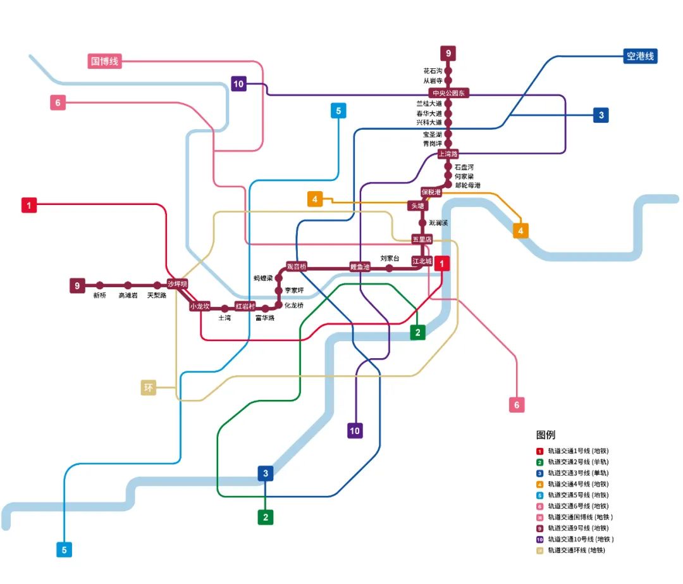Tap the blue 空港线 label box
(639, 56)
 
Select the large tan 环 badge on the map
(149, 388)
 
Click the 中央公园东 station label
(448, 93)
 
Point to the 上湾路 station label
(448, 154)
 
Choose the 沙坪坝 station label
(178, 284)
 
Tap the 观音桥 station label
(296, 266)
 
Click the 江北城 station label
(422, 261)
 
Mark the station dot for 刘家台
(389, 268)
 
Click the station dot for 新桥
(100, 285)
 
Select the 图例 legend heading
(545, 435)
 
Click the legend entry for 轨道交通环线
(575, 550)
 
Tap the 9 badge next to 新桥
(77, 285)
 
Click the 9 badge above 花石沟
(448, 53)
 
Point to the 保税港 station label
(431, 192)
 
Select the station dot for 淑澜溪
(422, 223)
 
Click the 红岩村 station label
(245, 306)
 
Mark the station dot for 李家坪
(278, 290)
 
